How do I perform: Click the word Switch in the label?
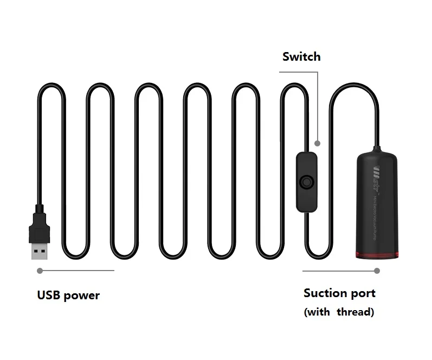pos(301,57)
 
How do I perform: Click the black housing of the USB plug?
pos(38,227)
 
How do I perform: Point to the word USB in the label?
pos(48,295)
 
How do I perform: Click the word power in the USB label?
pos(82,296)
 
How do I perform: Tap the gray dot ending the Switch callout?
pos(318,144)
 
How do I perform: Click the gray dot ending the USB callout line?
pos(39,270)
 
